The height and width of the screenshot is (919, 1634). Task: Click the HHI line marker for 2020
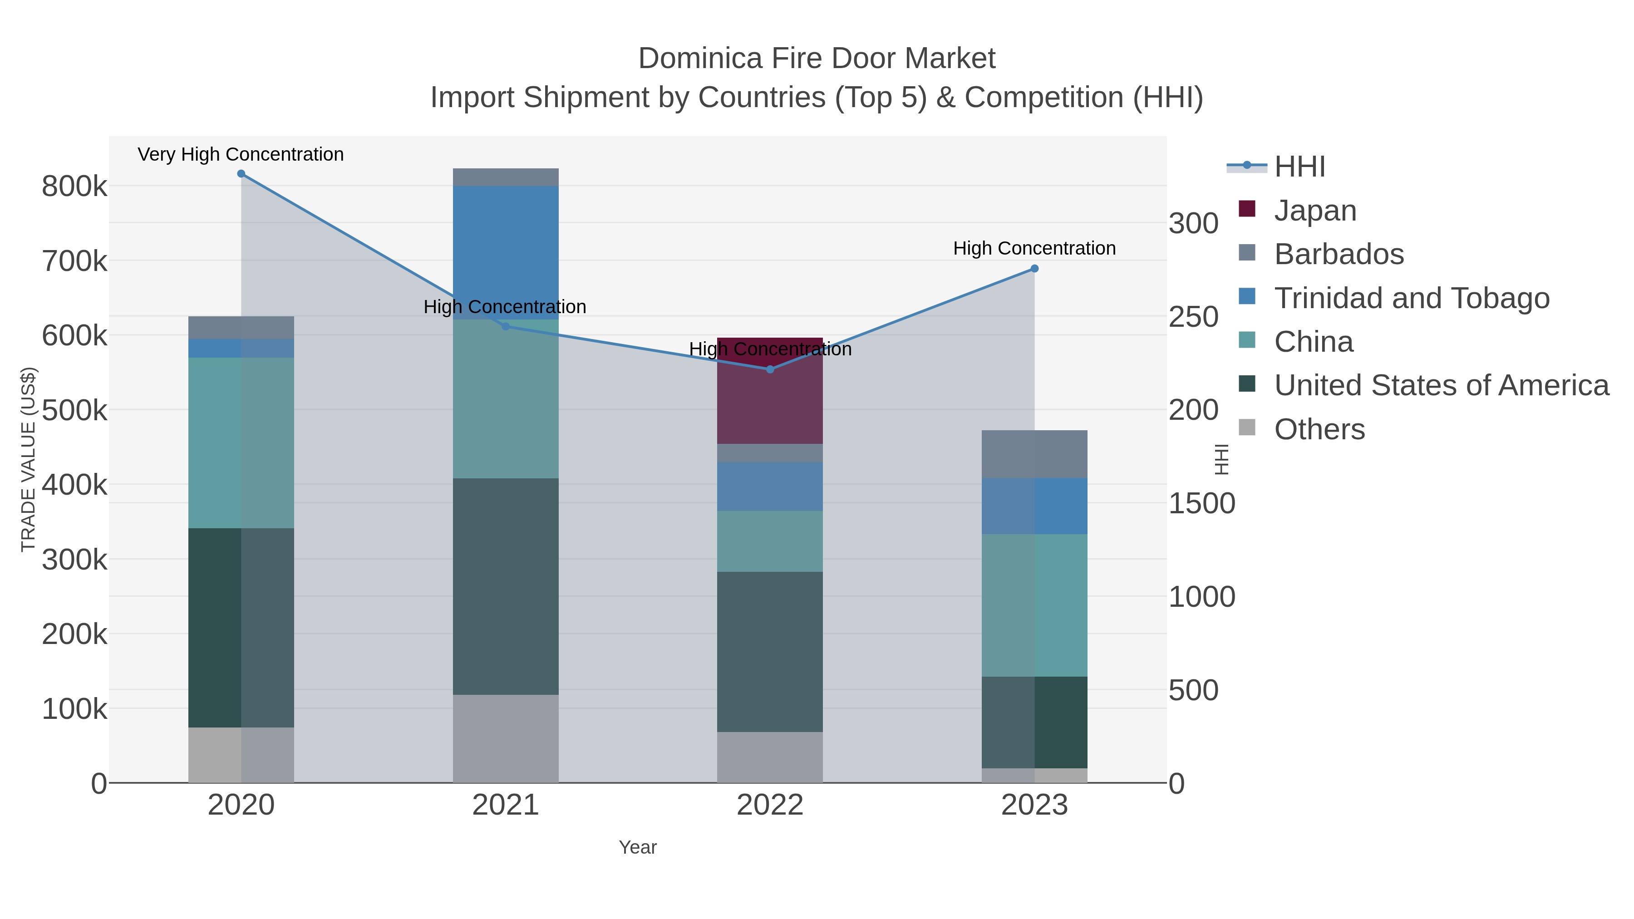pos(241,174)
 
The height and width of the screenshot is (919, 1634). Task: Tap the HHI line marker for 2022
pos(770,369)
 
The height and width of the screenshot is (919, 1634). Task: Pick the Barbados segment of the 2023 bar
pos(1034,454)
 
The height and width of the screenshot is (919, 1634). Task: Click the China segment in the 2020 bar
pos(241,442)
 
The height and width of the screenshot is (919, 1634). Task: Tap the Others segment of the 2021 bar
pos(506,739)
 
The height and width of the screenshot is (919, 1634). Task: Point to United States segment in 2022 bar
pos(770,652)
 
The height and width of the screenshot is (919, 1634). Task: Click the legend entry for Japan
pos(1315,211)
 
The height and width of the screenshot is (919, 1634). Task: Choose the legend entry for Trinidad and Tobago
pos(1411,298)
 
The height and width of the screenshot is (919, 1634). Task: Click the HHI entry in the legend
pos(1299,167)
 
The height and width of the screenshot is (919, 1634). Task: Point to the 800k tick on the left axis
pos(74,187)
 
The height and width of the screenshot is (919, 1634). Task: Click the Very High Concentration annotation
pos(241,155)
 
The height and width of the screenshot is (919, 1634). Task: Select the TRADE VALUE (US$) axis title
pos(29,459)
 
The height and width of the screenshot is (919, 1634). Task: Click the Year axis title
pos(638,847)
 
